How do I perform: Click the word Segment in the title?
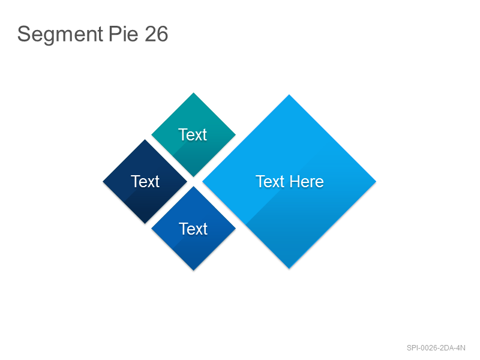60,34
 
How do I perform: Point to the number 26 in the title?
156,34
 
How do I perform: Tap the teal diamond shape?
193,134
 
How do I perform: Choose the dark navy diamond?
145,182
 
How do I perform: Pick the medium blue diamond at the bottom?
193,229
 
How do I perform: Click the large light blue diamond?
289,182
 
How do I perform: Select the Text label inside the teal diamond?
193,134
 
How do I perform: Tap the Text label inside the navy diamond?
145,182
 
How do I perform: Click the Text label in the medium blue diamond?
193,229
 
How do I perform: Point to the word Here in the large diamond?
307,182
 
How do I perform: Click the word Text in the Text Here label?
270,182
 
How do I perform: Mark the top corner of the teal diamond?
193,93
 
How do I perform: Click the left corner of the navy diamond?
103,182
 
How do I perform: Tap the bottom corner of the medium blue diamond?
193,271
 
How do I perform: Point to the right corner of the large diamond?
376,182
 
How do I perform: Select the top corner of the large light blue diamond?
289,95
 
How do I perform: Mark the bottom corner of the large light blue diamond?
289,268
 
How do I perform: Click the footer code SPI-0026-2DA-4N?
436,348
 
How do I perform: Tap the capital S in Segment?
23,34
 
